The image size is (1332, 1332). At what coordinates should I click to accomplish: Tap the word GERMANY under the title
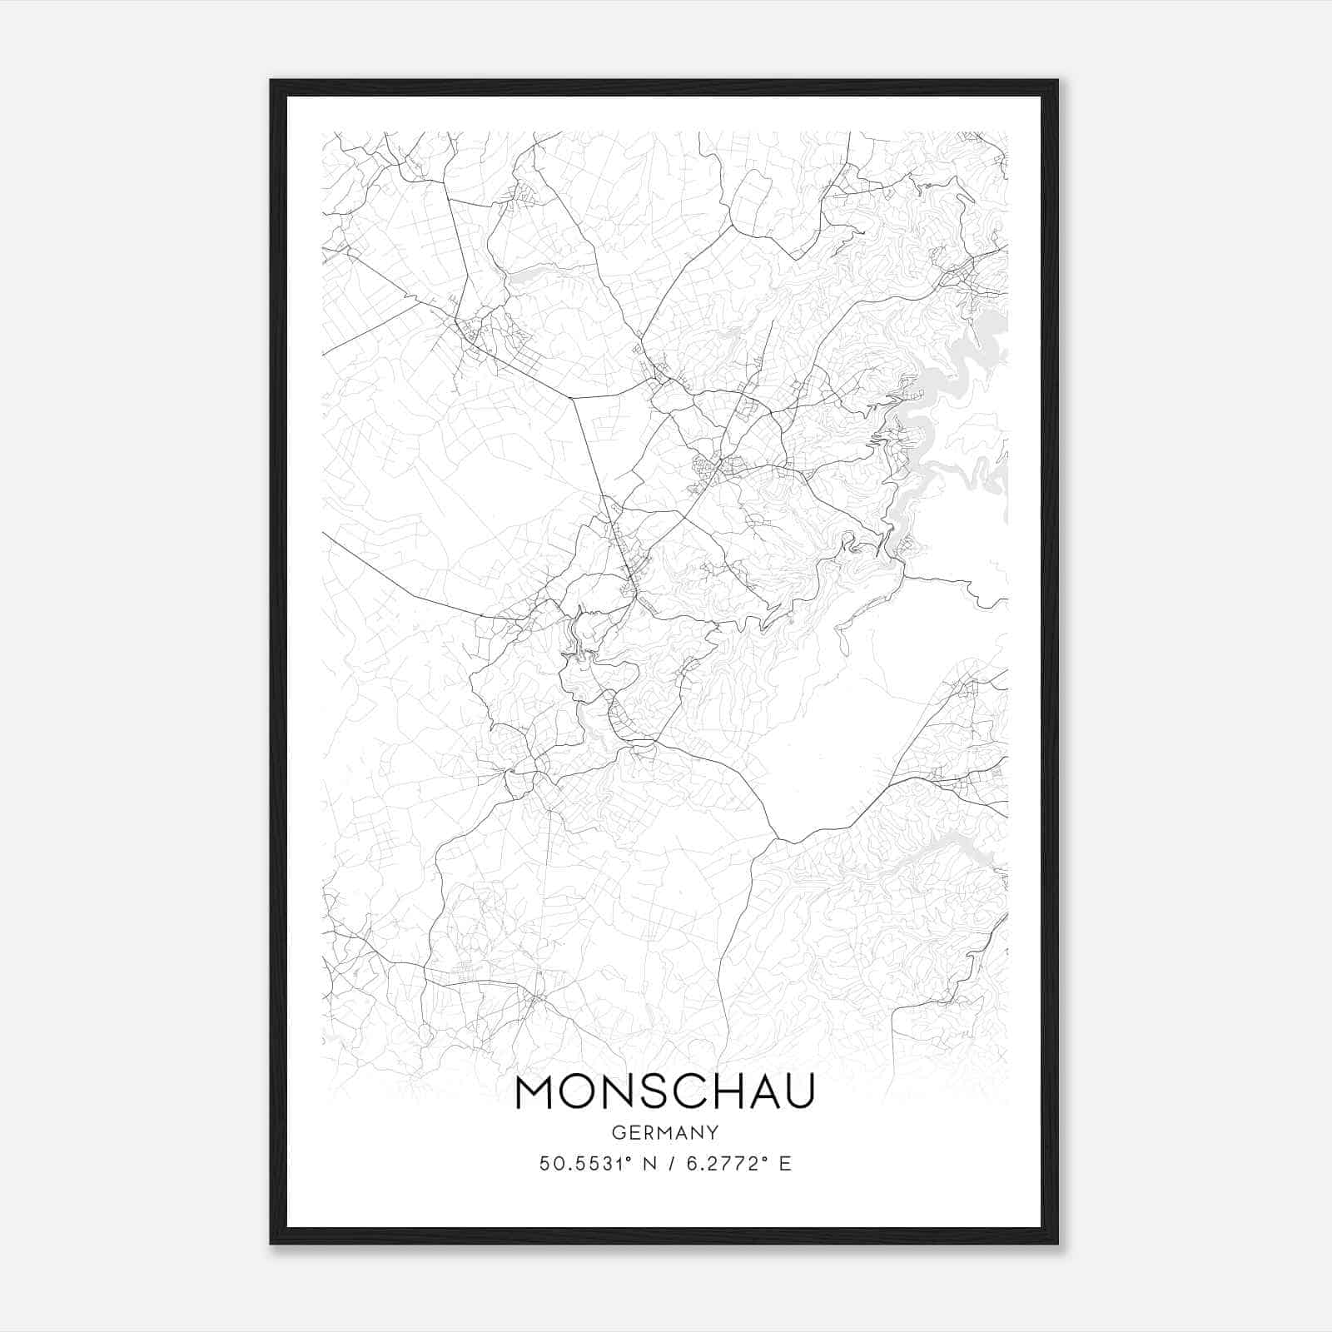[664, 1132]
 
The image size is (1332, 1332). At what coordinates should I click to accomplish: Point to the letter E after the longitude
[784, 1163]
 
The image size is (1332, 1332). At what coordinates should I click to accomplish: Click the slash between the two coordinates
[670, 1163]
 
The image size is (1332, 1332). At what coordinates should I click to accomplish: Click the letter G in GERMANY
[617, 1132]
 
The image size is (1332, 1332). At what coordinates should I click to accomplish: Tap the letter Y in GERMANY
[713, 1132]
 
